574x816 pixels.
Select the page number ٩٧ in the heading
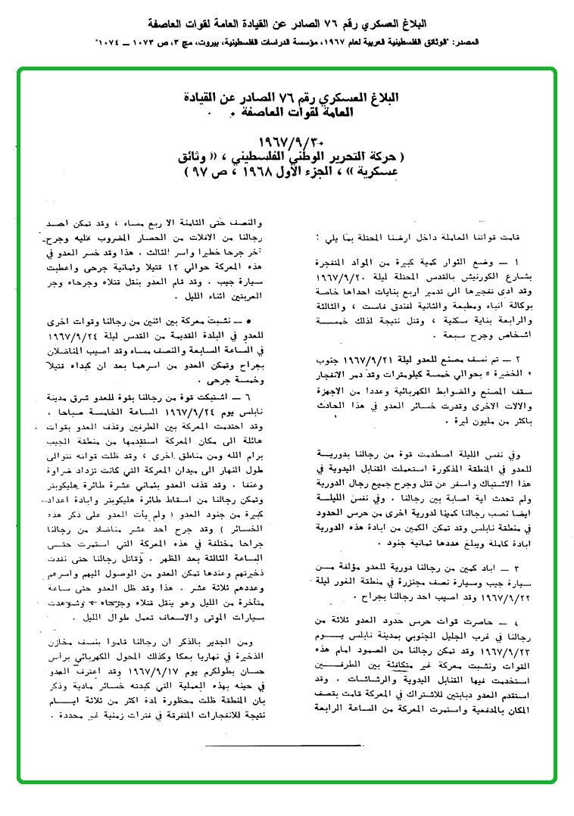pyautogui.click(x=204, y=172)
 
